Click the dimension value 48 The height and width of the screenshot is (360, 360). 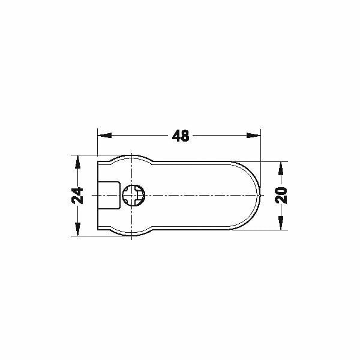[x=180, y=136]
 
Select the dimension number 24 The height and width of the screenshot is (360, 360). [x=77, y=196]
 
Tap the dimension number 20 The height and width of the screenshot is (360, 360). [x=281, y=196]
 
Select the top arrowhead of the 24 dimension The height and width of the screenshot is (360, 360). [x=77, y=160]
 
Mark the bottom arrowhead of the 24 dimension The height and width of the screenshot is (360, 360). [x=77, y=231]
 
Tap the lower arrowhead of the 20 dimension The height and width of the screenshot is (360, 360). [x=281, y=225]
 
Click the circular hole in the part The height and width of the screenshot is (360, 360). [x=133, y=196]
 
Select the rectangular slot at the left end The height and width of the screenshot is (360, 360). [x=108, y=196]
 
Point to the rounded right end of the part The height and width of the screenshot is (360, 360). [x=259, y=196]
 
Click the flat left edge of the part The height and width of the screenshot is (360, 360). [x=97, y=180]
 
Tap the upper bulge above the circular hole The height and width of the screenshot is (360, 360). [x=132, y=157]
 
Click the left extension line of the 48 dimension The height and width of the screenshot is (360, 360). [x=97, y=144]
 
